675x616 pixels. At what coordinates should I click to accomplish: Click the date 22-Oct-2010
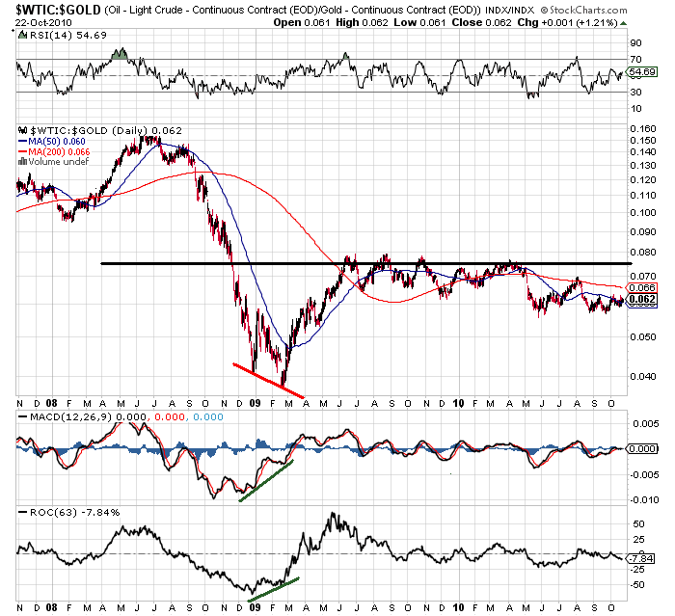(x=35, y=21)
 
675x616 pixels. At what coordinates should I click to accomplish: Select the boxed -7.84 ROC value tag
(x=640, y=558)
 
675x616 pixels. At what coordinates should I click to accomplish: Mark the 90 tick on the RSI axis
(x=636, y=43)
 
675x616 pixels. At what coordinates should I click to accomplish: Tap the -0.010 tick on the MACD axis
(x=641, y=498)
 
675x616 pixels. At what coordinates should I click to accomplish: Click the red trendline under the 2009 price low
(x=268, y=379)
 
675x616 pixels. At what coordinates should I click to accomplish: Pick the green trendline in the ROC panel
(x=275, y=584)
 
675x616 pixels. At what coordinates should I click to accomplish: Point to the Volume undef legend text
(x=58, y=161)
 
